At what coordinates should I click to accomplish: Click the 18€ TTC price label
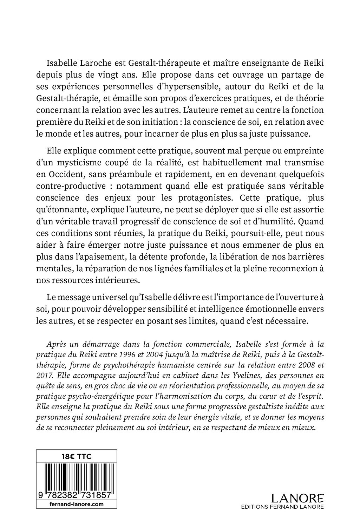pyautogui.click(x=77, y=456)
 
